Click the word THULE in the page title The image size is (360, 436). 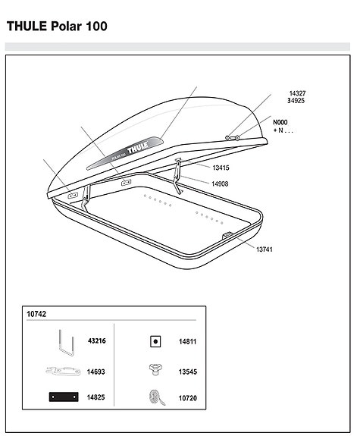point(27,26)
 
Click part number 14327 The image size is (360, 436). point(296,93)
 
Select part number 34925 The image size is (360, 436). point(296,101)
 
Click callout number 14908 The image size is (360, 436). point(221,183)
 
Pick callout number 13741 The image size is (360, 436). point(265,249)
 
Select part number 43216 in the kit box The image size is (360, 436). point(96,341)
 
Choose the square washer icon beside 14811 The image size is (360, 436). point(155,342)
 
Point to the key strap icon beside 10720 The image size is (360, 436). point(155,397)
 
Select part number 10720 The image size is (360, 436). point(187,397)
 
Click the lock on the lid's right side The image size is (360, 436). point(232,137)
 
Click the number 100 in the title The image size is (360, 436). point(95,26)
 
